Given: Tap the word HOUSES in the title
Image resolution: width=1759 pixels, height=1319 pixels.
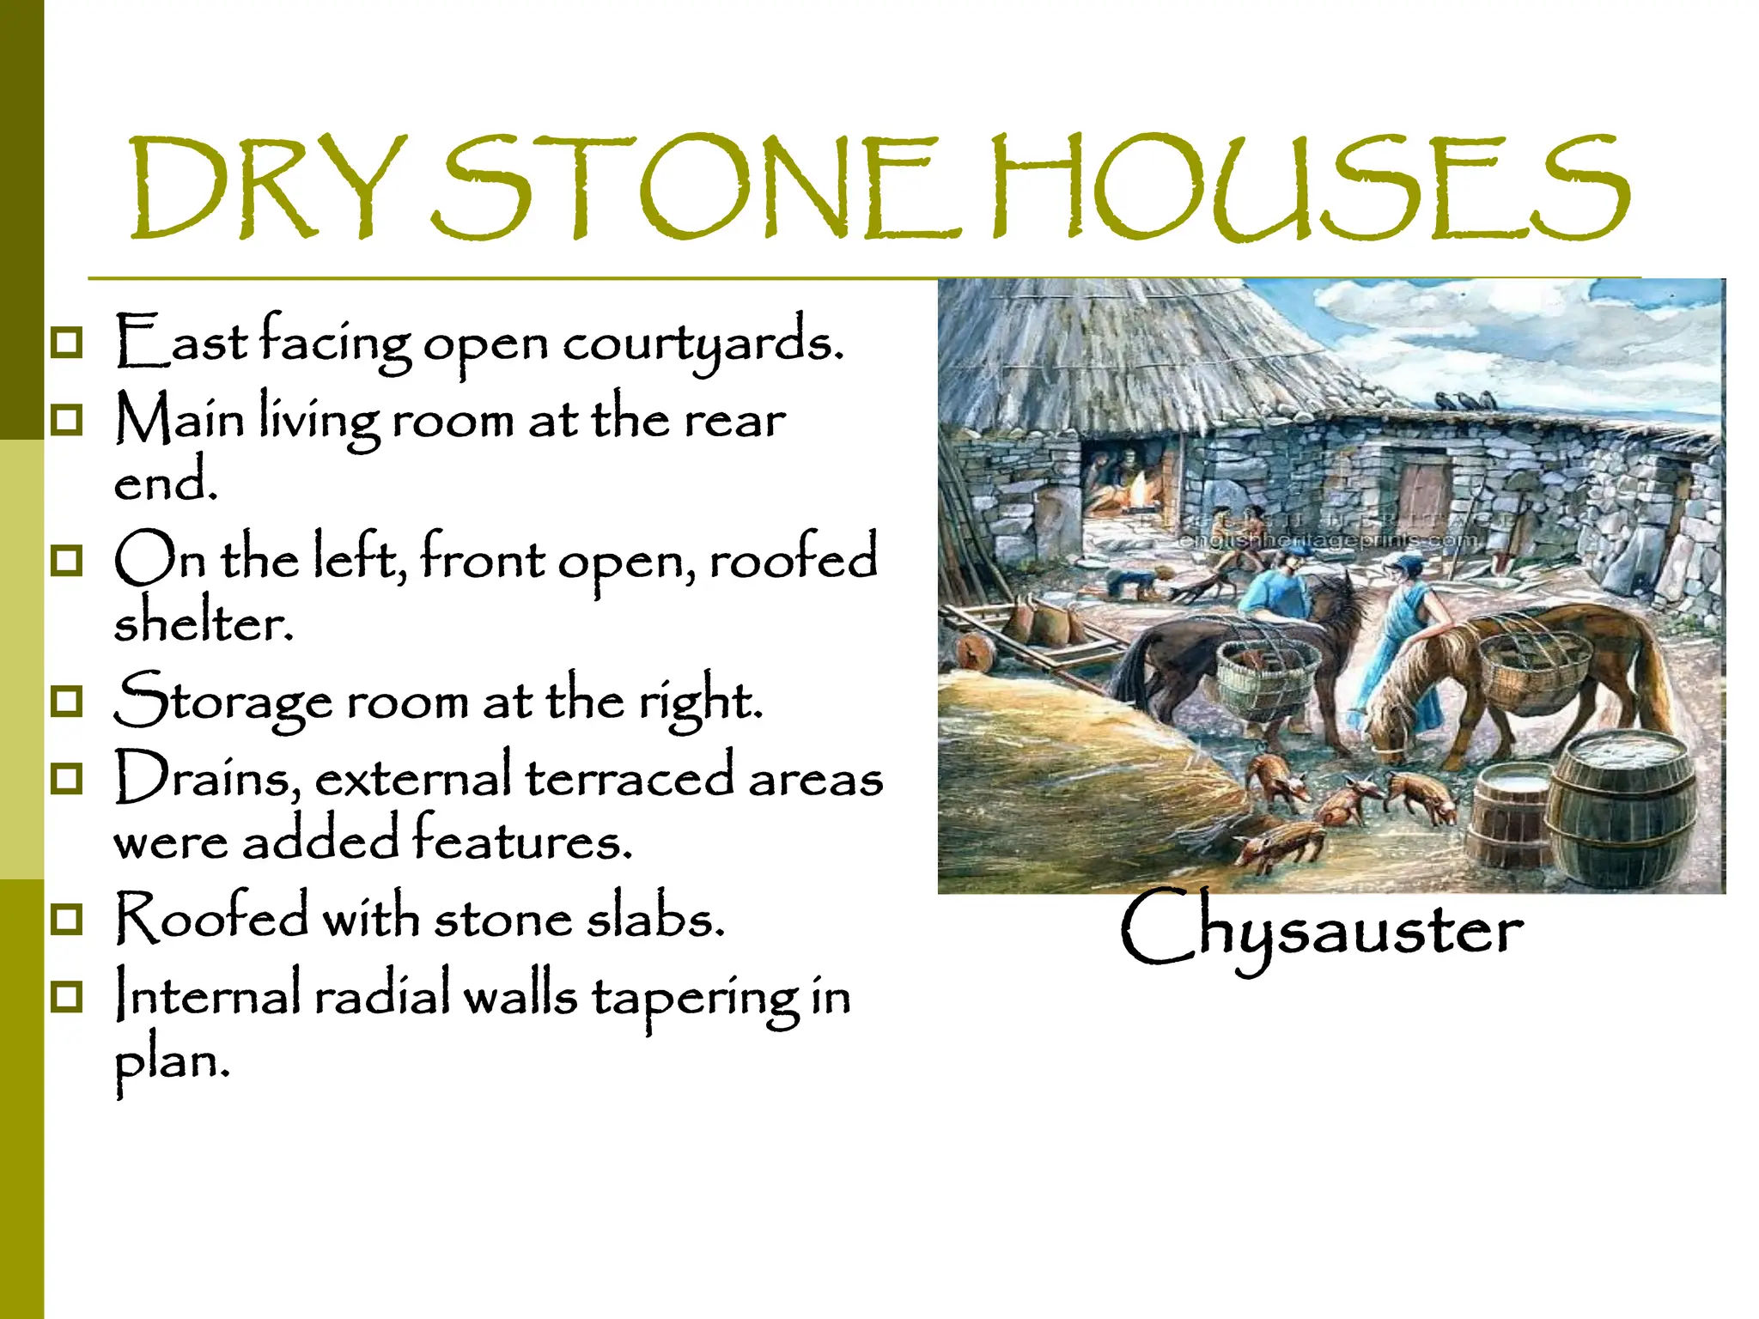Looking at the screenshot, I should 1309,187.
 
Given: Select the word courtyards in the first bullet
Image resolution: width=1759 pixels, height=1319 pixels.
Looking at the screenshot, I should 703,343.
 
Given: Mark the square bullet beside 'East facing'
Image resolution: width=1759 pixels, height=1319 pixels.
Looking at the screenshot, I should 67,342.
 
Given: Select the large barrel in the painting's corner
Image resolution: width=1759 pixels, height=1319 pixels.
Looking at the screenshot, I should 1623,807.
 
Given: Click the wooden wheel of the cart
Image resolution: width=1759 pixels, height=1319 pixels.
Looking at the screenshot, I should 976,652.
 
